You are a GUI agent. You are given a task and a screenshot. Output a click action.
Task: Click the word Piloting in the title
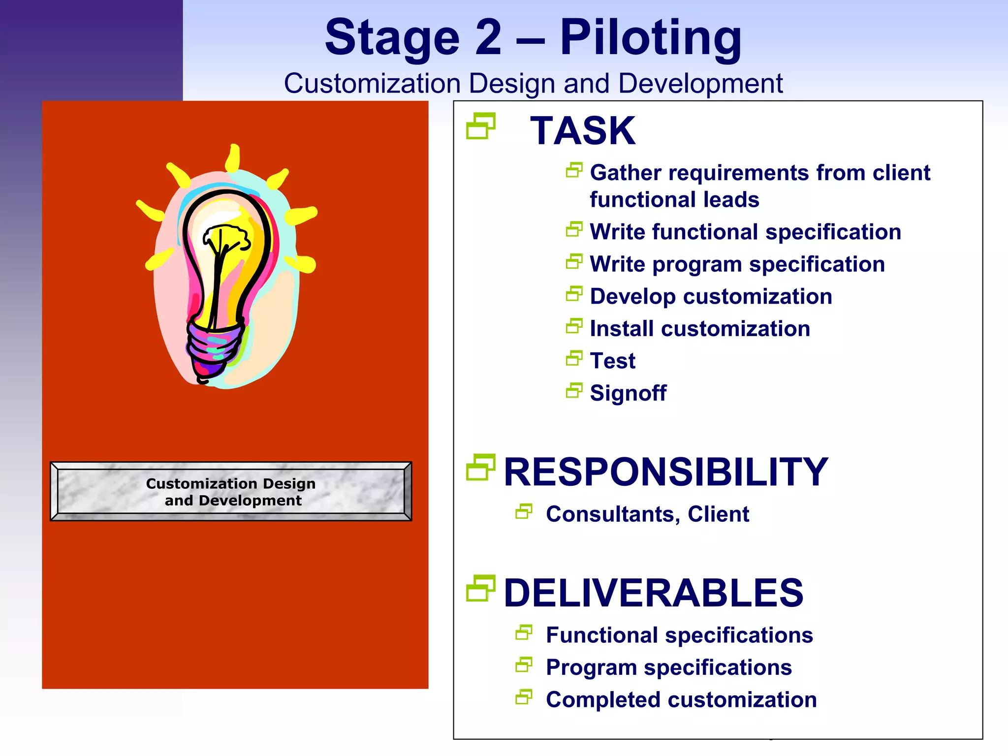click(651, 37)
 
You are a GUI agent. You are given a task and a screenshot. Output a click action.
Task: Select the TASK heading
click(582, 131)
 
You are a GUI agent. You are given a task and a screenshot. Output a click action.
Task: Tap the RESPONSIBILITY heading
click(665, 472)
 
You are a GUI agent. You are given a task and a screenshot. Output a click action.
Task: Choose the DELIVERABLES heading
click(653, 593)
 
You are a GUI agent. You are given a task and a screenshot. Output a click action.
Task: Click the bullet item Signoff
click(628, 393)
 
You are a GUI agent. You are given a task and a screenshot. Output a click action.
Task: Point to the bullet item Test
click(612, 361)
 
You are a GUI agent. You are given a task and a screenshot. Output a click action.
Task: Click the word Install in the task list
click(621, 329)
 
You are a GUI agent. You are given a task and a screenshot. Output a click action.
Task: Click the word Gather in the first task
click(625, 173)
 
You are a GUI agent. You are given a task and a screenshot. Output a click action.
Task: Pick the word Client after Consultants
click(718, 514)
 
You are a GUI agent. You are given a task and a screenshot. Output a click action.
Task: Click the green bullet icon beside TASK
click(480, 126)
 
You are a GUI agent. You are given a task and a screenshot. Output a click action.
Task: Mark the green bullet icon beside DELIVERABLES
click(480, 588)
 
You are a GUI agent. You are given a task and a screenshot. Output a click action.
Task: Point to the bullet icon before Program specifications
click(524, 665)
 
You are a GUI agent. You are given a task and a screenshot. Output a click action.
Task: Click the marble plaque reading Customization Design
click(231, 491)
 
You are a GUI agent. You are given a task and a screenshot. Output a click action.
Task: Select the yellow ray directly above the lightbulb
click(233, 157)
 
